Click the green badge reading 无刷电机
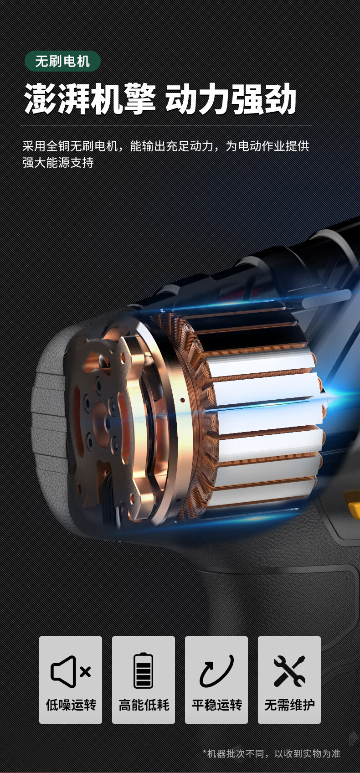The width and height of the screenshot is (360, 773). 62,62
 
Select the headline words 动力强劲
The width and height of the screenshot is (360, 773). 231,99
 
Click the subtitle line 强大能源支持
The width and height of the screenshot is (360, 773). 58,162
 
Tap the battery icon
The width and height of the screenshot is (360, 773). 143,670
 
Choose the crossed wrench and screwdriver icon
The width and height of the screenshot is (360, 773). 289,671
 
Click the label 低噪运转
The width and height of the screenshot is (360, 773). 71,705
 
